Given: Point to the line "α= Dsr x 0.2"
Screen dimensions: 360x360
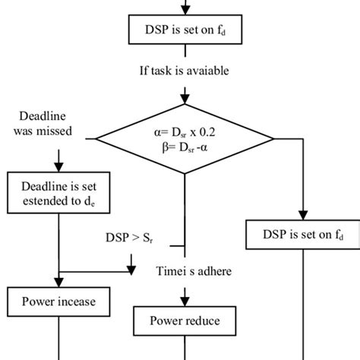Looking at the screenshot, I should (x=184, y=130).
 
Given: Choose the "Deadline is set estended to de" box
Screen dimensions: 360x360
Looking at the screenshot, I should (x=58, y=193).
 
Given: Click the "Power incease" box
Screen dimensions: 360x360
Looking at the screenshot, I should (x=58, y=302).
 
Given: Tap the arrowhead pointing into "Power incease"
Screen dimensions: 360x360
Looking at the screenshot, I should (x=58, y=283).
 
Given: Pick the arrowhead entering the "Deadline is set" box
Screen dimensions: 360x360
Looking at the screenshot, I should (x=58, y=168).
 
